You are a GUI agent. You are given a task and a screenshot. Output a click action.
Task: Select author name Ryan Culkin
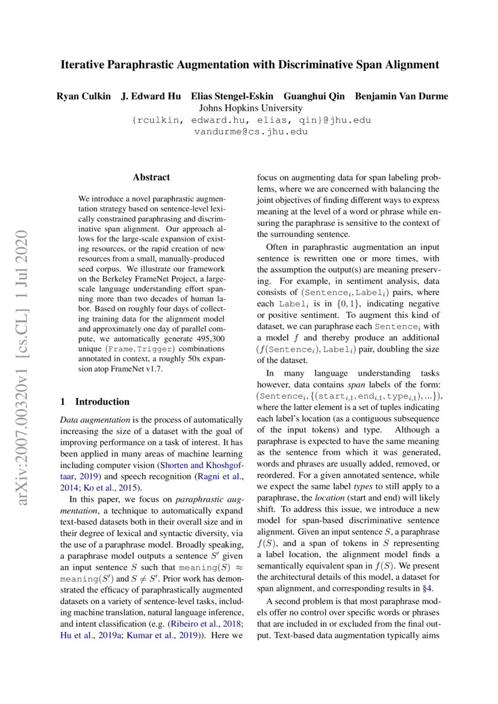tap(82, 96)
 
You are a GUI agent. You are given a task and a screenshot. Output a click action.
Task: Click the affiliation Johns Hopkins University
tap(250, 108)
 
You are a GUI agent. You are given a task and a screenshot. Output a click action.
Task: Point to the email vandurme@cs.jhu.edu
tap(250, 131)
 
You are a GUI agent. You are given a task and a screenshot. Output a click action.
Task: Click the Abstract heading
tap(151, 178)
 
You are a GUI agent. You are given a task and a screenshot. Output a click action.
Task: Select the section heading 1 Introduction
tap(95, 402)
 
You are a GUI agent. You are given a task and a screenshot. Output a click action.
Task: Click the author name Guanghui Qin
tap(322, 96)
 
